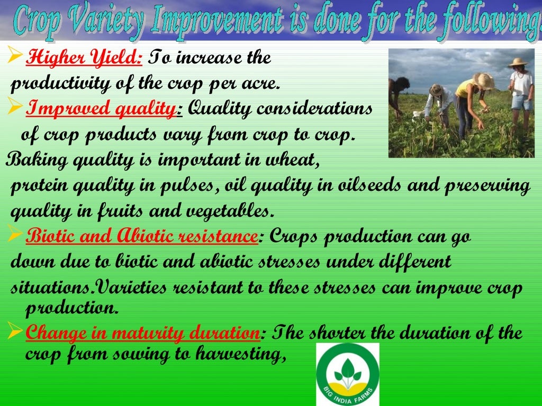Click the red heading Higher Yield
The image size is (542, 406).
tap(84, 57)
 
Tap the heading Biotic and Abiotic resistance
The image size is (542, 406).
tap(141, 237)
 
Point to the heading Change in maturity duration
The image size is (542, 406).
tap(142, 334)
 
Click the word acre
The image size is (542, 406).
tap(268, 84)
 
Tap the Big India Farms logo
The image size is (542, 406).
tap(348, 374)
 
